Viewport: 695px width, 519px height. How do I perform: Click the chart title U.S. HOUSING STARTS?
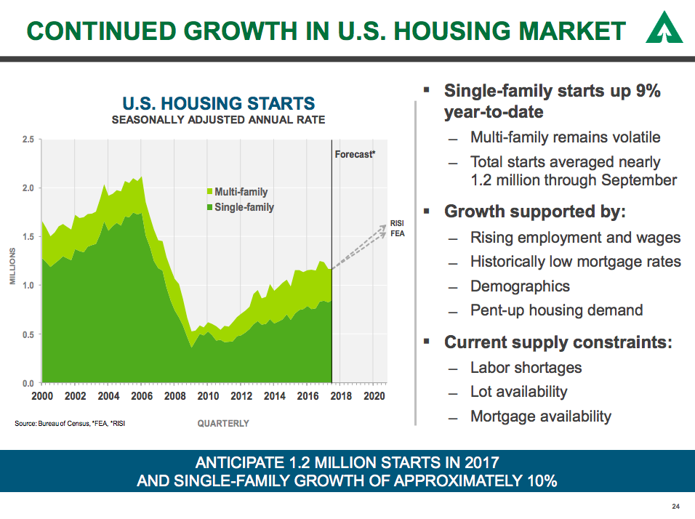coord(218,103)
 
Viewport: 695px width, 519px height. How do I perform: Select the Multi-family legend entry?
coord(241,192)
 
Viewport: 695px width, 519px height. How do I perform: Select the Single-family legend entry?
coord(244,207)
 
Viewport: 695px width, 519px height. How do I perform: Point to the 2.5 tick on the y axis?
coord(28,139)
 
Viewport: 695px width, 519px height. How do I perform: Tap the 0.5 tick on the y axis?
coord(28,334)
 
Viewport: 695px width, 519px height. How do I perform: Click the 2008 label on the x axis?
coord(174,396)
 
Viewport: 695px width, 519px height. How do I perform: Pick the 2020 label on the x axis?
coord(374,396)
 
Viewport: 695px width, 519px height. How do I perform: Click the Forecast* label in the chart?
coord(355,154)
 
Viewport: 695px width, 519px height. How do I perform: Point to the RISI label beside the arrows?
coord(397,223)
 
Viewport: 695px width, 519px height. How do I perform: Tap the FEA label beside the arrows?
coord(397,234)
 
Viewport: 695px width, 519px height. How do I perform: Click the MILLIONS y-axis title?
coord(12,266)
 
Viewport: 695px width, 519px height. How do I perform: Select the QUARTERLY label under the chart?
coord(223,423)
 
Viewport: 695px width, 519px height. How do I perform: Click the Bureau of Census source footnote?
coord(70,423)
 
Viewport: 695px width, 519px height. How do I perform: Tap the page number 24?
coord(675,507)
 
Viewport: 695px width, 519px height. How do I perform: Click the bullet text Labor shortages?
coord(526,368)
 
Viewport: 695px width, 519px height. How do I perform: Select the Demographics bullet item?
coord(520,286)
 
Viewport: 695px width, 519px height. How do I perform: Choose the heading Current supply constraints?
coord(558,342)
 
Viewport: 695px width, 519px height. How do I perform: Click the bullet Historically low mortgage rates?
coord(575,262)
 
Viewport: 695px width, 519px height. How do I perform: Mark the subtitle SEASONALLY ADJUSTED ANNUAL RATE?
coord(218,120)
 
